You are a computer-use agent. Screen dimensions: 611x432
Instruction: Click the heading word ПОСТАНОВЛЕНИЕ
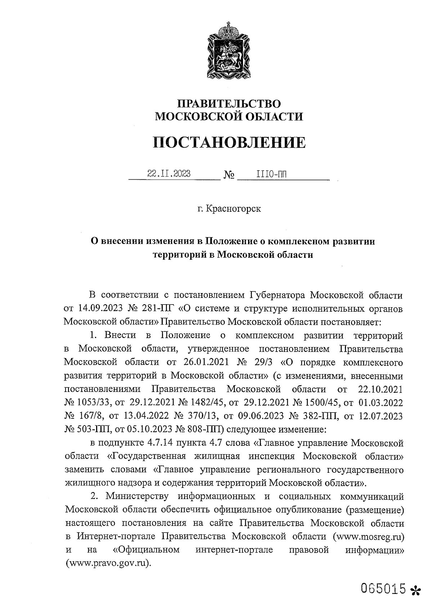click(229, 142)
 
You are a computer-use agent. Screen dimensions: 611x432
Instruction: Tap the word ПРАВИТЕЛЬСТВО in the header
click(229, 104)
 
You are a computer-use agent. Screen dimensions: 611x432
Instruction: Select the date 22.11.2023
click(169, 174)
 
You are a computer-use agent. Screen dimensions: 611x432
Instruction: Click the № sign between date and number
click(229, 175)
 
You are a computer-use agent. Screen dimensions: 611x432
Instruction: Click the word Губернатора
click(276, 296)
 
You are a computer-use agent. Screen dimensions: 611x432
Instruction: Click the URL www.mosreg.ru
click(369, 536)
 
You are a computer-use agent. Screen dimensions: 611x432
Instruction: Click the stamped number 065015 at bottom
click(383, 589)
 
